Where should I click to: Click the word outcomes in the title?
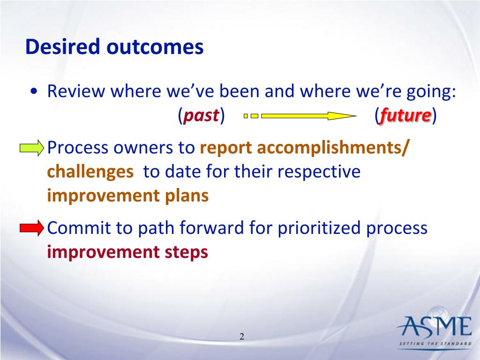click(155, 47)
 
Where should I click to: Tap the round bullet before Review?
click(34, 91)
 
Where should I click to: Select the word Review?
click(76, 91)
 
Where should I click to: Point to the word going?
click(431, 92)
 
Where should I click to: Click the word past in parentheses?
click(201, 115)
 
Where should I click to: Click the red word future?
click(405, 115)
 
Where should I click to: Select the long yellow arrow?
click(308, 116)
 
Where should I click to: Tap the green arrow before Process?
click(32, 148)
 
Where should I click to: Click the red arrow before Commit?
click(32, 228)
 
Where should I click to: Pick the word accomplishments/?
click(333, 148)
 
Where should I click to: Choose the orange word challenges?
click(90, 172)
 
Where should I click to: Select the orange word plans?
click(187, 196)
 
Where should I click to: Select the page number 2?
click(242, 337)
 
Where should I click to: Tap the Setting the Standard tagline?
click(435, 344)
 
